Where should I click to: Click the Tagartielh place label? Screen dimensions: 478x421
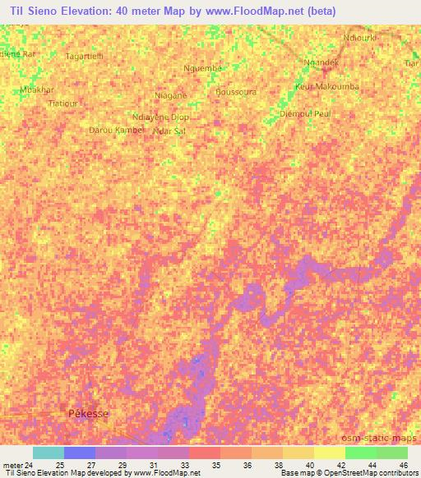click(84, 56)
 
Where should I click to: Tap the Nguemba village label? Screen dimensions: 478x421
click(203, 68)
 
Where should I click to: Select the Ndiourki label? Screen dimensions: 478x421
click(361, 38)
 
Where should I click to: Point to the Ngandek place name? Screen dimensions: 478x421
click(321, 62)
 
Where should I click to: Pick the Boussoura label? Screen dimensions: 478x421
click(235, 92)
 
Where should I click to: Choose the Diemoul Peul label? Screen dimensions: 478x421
click(305, 113)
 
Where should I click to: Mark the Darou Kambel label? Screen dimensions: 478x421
click(115, 130)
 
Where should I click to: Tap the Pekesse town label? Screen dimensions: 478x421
click(87, 415)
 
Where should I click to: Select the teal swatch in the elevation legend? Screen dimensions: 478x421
click(48, 453)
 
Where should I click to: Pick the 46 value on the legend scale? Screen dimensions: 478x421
click(404, 465)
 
